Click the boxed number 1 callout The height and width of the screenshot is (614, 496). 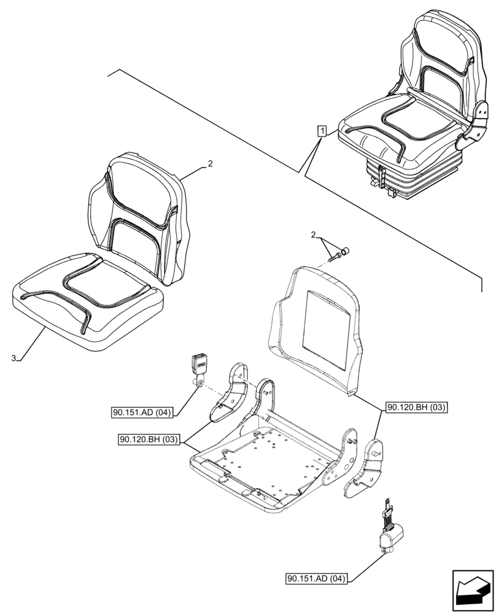coord(322,130)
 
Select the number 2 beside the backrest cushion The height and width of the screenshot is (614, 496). coord(210,164)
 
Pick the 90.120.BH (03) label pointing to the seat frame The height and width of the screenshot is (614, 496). coord(149,439)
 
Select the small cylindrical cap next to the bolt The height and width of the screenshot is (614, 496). coord(345,250)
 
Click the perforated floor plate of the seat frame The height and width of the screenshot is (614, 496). coord(270,454)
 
